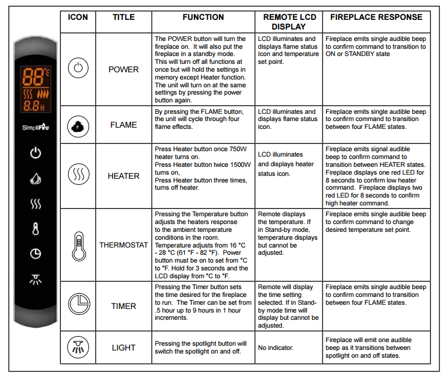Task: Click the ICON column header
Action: point(78,17)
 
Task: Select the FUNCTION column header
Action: point(203,17)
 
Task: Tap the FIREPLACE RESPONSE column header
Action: point(376,17)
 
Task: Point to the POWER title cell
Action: point(123,69)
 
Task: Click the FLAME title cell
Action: point(123,125)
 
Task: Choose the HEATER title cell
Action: point(123,176)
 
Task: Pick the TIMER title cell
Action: point(123,306)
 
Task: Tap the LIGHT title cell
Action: point(123,347)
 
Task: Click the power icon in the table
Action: point(78,68)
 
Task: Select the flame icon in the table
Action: point(78,125)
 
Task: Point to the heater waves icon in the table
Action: point(78,175)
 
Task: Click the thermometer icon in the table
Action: point(78,245)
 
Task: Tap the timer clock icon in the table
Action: point(78,305)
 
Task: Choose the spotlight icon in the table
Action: point(78,347)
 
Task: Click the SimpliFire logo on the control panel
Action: point(36,128)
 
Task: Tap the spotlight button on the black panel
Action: point(36,279)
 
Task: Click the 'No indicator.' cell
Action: point(276,348)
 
